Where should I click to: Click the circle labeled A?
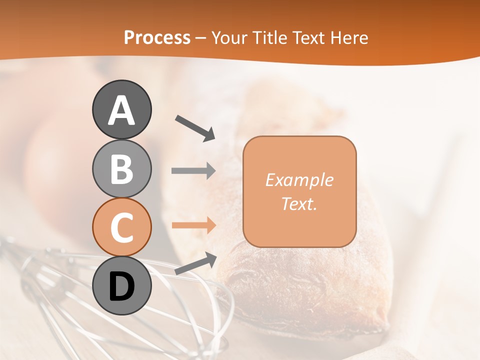tap(122, 109)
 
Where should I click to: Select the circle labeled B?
tap(122, 168)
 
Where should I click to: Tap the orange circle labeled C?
tap(122, 227)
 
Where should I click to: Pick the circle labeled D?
tap(122, 285)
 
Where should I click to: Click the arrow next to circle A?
tap(195, 128)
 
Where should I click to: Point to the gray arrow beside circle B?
tap(193, 171)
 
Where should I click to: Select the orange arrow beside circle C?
tap(193, 225)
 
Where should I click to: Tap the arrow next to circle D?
tap(195, 263)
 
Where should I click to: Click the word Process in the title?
tap(157, 37)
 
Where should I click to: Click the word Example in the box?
tap(299, 180)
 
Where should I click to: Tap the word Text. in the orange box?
tap(299, 203)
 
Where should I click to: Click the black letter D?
tap(122, 286)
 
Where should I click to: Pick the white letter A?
tap(122, 110)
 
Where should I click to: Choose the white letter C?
tap(122, 227)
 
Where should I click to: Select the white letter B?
tap(122, 169)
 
